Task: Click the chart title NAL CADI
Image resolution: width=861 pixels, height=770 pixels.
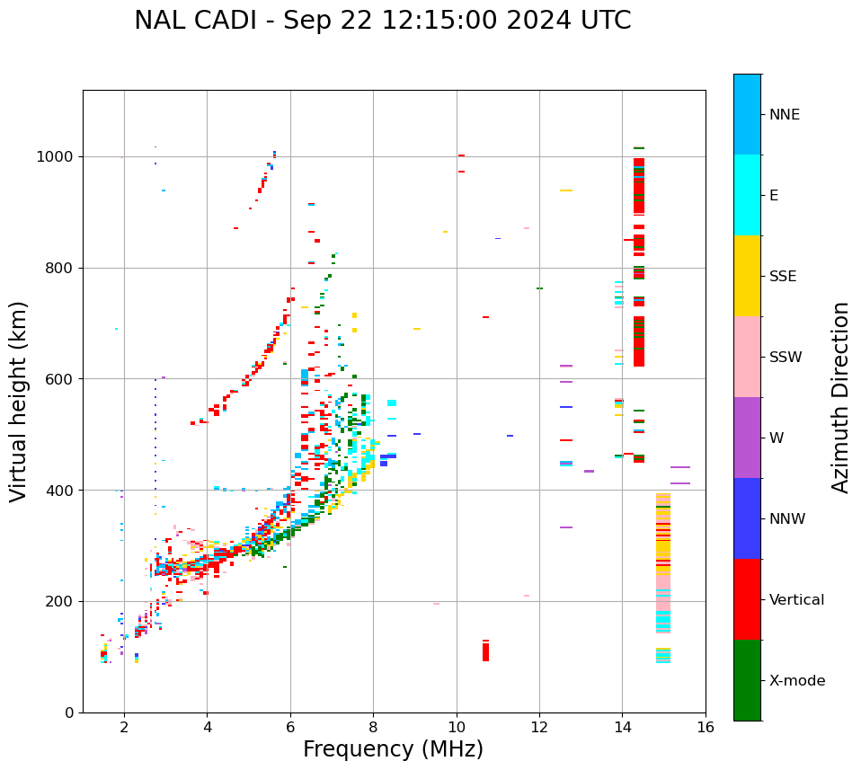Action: click(382, 21)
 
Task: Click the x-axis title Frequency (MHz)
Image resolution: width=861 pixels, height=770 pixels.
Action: click(393, 749)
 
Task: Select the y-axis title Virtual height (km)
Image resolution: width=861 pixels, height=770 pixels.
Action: click(19, 401)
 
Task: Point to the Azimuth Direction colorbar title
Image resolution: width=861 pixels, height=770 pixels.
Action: click(840, 397)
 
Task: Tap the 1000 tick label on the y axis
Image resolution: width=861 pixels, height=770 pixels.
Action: click(56, 156)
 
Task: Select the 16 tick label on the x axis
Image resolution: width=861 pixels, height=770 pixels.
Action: click(706, 727)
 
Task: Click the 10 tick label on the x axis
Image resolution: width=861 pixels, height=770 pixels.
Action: click(457, 727)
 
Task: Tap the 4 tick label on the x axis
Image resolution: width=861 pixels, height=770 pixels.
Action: click(207, 727)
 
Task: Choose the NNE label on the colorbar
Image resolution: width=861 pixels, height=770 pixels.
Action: click(784, 115)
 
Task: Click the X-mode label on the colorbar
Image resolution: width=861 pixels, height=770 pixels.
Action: click(797, 681)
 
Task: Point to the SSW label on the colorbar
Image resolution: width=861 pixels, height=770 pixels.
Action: click(786, 358)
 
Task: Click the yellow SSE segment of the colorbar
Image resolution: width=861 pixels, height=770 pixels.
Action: click(747, 276)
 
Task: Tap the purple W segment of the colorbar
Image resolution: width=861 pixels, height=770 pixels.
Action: click(747, 438)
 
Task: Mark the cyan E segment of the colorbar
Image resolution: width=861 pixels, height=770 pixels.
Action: click(747, 195)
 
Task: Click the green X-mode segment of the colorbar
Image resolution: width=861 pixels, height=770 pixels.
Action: click(747, 680)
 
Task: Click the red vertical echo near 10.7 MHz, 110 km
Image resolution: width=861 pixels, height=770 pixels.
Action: click(485, 651)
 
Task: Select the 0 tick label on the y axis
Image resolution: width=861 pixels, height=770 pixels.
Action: click(68, 712)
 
